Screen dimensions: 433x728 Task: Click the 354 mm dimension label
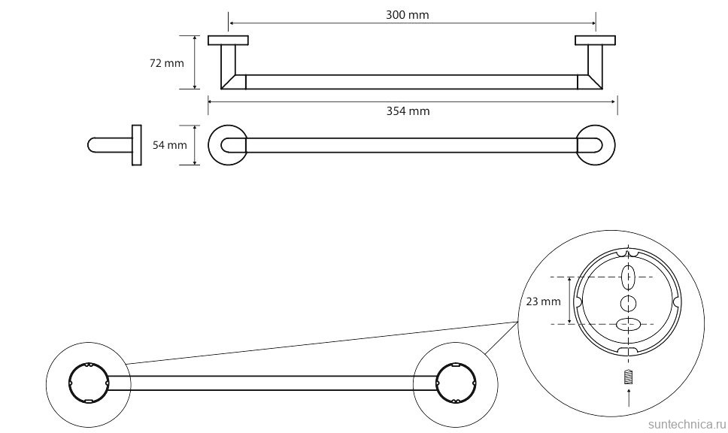(408, 111)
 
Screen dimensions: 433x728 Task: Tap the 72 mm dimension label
(167, 63)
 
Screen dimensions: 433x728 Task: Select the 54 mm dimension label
(169, 145)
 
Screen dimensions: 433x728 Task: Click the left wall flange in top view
(229, 41)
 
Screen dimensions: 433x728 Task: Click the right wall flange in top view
(595, 41)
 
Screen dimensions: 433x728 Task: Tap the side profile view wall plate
(136, 144)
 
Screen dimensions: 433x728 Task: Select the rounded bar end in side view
(93, 145)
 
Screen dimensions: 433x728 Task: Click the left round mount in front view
(228, 145)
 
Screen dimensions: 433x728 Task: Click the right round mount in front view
(596, 145)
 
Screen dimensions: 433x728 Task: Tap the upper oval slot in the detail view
(629, 278)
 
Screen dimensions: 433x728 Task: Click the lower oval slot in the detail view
(629, 325)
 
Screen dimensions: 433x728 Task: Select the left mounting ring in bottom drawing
(88, 383)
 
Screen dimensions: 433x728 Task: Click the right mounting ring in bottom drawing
(455, 383)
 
